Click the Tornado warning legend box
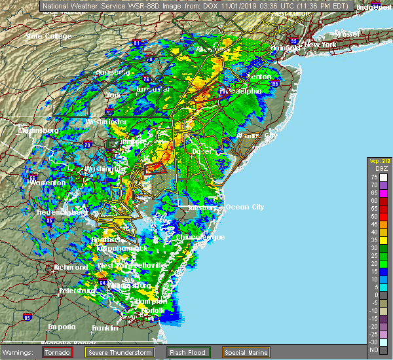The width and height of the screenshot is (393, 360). (x=58, y=352)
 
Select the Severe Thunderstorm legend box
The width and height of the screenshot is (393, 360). (x=111, y=352)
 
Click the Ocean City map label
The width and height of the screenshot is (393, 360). (x=244, y=207)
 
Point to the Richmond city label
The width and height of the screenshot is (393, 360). (x=71, y=267)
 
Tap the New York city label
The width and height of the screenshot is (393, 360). (x=320, y=45)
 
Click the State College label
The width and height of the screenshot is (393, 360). (x=43, y=36)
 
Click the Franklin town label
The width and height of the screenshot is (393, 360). (x=105, y=327)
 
